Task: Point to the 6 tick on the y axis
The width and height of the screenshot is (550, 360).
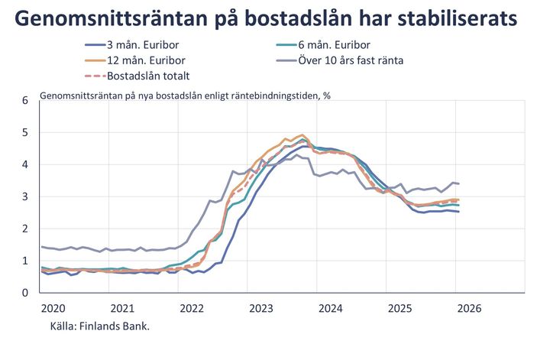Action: pos(25,100)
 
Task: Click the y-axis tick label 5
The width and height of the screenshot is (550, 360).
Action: pos(25,132)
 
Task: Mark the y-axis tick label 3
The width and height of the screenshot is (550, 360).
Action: pos(25,196)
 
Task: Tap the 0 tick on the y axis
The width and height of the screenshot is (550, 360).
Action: pos(25,293)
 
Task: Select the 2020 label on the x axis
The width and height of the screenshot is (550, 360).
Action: pos(53,308)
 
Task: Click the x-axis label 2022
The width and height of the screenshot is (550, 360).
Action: pos(192,308)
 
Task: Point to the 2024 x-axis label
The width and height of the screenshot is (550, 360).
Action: pos(330,308)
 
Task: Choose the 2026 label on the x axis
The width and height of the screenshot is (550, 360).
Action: pos(468,308)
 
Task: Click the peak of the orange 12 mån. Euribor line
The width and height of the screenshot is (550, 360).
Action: pos(302,135)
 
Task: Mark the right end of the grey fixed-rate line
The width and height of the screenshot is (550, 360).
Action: pos(458,183)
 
